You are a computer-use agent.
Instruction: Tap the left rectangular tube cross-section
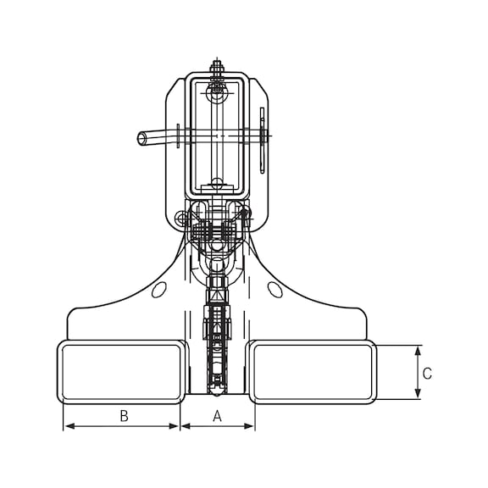121,371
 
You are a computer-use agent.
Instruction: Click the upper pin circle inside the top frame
218,86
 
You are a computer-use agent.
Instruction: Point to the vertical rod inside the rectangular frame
218,136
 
